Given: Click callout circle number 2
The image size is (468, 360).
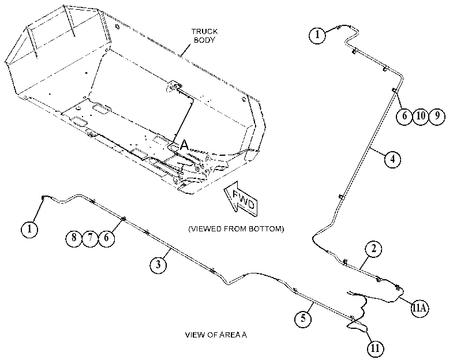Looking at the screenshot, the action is [374, 249].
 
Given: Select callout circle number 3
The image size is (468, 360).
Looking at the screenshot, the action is [158, 264].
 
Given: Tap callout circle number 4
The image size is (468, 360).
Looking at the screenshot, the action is [392, 159].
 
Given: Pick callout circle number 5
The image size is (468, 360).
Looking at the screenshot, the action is [303, 318].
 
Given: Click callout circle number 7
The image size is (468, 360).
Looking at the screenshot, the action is [90, 238].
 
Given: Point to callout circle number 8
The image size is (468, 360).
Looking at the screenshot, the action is [74, 238].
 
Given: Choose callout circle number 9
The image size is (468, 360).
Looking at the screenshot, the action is [437, 116].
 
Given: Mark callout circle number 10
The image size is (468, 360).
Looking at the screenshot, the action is [421, 116].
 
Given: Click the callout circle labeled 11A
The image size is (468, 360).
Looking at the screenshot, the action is [420, 307].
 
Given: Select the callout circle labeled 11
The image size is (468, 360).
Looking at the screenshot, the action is [375, 348].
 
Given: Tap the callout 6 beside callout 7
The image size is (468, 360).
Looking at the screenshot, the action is [107, 238].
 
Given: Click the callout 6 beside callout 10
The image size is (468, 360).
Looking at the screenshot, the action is [405, 116].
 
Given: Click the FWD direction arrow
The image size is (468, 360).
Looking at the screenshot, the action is [241, 198].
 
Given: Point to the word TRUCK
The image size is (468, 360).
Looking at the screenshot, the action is [204, 31].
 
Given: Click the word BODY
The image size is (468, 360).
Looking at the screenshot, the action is [204, 40].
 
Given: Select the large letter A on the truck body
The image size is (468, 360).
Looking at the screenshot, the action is [185, 145].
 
